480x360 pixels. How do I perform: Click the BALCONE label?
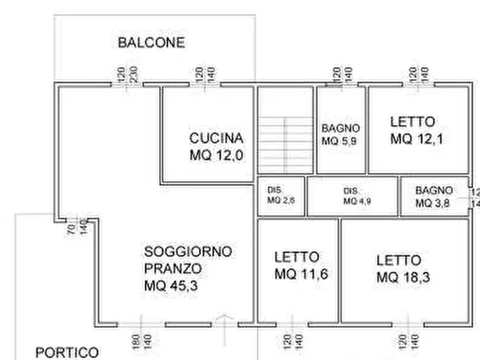tap(151, 43)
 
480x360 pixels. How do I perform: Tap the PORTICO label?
tap(67, 352)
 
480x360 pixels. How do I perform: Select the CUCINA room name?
tap(216, 138)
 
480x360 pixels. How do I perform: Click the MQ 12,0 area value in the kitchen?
tap(216, 155)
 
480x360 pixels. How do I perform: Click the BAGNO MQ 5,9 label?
tap(340, 135)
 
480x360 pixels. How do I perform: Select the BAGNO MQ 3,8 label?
tap(433, 197)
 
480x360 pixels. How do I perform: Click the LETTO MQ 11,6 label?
tap(300, 265)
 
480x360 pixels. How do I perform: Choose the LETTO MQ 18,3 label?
tap(403, 269)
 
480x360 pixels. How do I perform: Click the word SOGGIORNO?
tap(188, 251)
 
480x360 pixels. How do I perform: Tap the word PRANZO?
tap(173, 269)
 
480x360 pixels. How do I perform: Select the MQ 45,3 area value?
tap(171, 286)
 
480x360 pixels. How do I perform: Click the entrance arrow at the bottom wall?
tap(225, 322)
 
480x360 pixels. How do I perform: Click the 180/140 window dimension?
tap(141, 341)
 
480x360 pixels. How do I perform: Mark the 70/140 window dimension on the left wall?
tap(77, 228)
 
